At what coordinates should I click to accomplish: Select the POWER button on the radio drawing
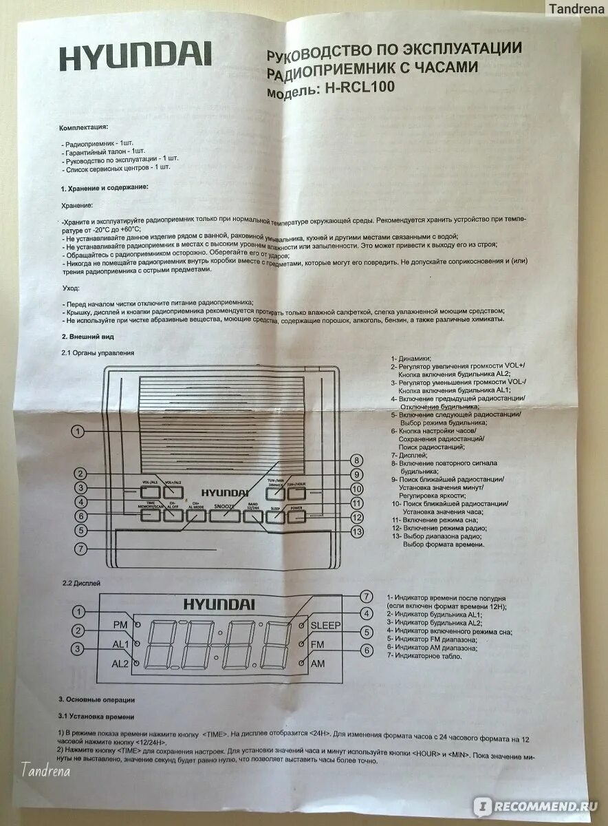point(296,513)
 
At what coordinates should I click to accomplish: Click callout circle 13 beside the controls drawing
point(356,531)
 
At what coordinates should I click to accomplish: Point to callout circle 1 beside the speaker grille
point(80,431)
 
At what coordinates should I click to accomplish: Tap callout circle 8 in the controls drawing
point(356,460)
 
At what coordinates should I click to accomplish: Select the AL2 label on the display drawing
point(120,663)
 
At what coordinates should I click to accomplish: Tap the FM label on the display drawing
point(318,644)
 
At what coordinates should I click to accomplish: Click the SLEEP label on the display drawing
point(325,625)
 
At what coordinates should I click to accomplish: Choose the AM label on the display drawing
point(318,664)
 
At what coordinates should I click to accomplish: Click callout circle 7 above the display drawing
point(367,596)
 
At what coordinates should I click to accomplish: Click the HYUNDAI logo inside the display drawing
point(219,604)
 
